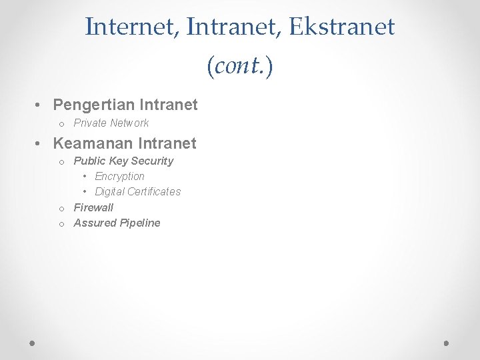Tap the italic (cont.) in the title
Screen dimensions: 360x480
pyautogui.click(x=240, y=65)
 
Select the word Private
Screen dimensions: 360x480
pyautogui.click(x=89, y=123)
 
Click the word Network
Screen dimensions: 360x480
pyautogui.click(x=129, y=123)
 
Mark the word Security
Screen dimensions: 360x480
pyautogui.click(x=152, y=161)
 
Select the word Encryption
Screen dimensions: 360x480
pyautogui.click(x=119, y=176)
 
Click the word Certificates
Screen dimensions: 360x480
pyautogui.click(x=155, y=191)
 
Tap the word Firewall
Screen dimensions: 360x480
pyautogui.click(x=93, y=207)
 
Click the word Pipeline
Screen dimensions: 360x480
pyautogui.click(x=139, y=223)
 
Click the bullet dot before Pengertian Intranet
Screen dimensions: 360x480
pyautogui.click(x=40, y=105)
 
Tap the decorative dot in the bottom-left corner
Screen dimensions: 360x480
pyautogui.click(x=33, y=343)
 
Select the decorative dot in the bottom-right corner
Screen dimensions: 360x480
pyautogui.click(x=447, y=343)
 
